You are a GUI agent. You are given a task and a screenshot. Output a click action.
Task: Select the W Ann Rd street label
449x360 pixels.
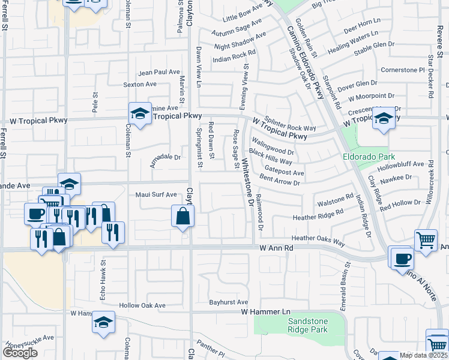pos(277,247)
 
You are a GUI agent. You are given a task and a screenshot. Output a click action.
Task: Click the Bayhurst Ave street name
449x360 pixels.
pos(228,302)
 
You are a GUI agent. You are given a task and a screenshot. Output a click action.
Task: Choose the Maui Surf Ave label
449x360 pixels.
pos(156,194)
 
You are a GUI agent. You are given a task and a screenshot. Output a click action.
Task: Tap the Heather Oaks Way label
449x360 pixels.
pos(318,241)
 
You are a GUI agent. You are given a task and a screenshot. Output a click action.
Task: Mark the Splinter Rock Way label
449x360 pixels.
pos(291,122)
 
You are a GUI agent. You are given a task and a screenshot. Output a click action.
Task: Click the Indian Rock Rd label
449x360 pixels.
pos(234,56)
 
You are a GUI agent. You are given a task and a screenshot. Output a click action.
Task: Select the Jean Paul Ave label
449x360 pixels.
pos(159,72)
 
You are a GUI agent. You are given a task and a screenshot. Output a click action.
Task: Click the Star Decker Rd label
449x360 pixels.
pos(432,77)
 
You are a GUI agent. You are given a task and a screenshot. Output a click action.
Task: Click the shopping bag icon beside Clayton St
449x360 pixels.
pos(182,217)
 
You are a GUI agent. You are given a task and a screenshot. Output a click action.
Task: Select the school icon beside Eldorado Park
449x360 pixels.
pos(384,118)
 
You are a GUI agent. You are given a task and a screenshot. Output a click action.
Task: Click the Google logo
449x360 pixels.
pos(20,353)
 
